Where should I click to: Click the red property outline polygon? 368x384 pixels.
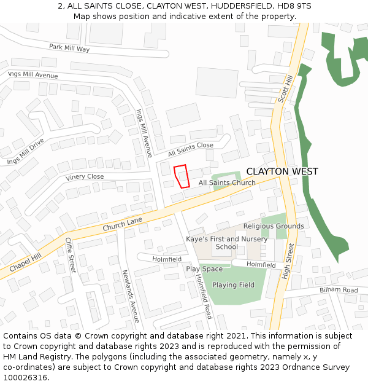pos(182,176)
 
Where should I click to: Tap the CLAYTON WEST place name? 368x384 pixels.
pos(282,171)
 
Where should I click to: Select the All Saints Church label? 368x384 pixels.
pos(227,182)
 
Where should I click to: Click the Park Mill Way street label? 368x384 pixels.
pos(69,48)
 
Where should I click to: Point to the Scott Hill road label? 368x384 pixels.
pos(286,89)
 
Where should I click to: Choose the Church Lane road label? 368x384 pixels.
pos(123,224)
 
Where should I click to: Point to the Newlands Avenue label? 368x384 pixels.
pos(130,296)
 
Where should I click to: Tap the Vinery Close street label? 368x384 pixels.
pos(85,177)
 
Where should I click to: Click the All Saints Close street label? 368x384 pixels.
pos(190,149)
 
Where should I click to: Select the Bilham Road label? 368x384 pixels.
pos(339,289)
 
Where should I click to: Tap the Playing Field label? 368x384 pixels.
pos(233,285)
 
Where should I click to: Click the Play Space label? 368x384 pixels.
pos(204,269)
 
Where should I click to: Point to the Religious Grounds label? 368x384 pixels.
pos(274,226)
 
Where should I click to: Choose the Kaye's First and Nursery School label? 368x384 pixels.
pos(227,243)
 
